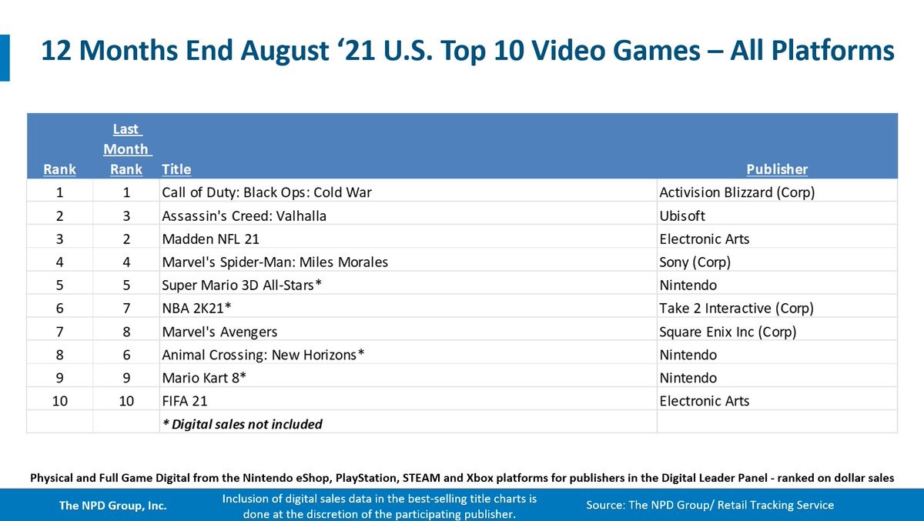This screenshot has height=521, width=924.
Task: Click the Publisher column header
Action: [x=777, y=169]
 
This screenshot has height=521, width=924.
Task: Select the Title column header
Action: [x=176, y=169]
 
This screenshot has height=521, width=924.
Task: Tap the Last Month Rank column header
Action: [x=127, y=149]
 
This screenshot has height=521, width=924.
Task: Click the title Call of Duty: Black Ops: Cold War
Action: [x=266, y=192]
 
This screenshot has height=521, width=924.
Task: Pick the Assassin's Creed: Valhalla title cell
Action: [x=244, y=215]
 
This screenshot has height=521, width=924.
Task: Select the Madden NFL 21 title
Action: [x=210, y=239]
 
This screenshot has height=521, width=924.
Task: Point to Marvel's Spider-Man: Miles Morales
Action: [x=275, y=262]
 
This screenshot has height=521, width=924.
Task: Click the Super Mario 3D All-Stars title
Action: [x=241, y=285]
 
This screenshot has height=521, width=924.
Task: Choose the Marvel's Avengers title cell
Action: [x=219, y=332]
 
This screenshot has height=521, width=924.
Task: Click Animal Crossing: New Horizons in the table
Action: [x=263, y=355]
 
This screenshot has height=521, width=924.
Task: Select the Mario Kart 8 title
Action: [x=204, y=378]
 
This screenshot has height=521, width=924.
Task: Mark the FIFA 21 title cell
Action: [x=185, y=401]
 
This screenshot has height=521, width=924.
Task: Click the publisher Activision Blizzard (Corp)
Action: [x=737, y=192]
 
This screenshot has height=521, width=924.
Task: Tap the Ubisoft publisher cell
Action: [x=682, y=215]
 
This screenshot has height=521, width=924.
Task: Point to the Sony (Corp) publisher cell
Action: [x=695, y=262]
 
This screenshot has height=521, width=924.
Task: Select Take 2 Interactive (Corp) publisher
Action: [x=736, y=308]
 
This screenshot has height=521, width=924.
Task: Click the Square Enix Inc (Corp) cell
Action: [x=728, y=332]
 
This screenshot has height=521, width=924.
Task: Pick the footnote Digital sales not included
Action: [x=242, y=424]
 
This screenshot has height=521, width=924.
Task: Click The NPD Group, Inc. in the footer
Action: [x=113, y=506]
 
